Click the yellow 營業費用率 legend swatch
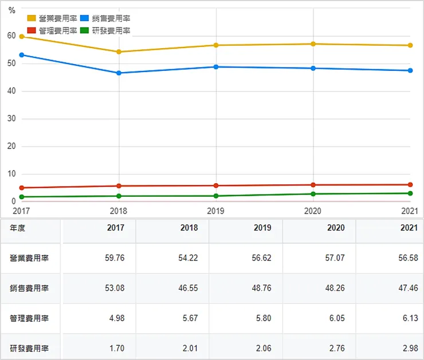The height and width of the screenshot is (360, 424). pos(32,18)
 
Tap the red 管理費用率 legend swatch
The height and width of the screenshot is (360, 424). pos(32,30)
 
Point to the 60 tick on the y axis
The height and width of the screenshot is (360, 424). pos(11,36)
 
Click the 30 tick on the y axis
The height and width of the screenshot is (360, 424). pos(11,118)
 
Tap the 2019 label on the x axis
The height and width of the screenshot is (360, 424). pos(215,211)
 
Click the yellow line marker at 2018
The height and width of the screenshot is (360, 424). pos(119,52)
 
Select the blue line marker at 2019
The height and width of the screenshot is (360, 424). pos(215,67)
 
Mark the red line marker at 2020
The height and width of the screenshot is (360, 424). pos(313,185)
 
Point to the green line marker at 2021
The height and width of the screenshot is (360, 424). pos(410,193)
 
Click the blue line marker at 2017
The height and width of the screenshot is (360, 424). pos(22,55)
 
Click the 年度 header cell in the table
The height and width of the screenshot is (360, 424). pos(17,228)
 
